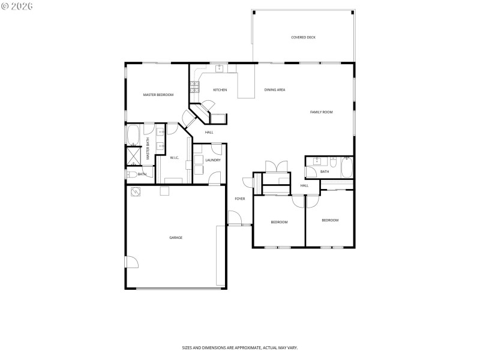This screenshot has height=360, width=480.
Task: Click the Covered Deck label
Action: [x=303, y=37]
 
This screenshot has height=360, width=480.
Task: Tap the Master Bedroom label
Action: [x=158, y=95]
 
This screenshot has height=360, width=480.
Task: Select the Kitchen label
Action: [x=220, y=90]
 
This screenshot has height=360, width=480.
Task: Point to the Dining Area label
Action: [x=275, y=90]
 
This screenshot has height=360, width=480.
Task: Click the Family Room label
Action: [x=321, y=112]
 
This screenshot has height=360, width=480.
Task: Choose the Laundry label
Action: [x=212, y=160]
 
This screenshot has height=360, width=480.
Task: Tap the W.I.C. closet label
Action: [x=175, y=158]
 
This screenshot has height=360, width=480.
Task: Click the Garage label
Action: [x=176, y=238]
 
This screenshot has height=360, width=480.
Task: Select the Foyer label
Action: [x=239, y=199]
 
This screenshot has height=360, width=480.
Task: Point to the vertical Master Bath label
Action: [x=148, y=149]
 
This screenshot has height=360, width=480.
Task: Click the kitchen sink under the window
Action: [x=220, y=68]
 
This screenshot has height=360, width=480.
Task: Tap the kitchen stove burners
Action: [x=194, y=87]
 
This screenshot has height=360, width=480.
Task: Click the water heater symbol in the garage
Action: [x=136, y=191]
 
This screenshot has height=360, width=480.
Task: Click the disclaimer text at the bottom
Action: [x=240, y=347]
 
